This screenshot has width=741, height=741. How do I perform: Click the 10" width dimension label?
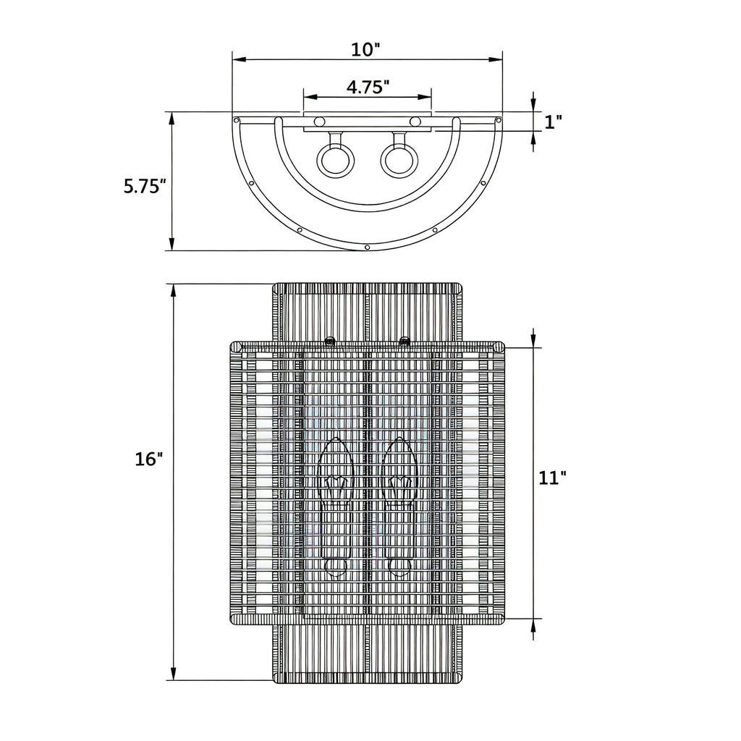coord(365,50)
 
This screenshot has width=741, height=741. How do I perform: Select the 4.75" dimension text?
coord(368,87)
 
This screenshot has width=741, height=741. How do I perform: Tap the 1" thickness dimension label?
coord(553,122)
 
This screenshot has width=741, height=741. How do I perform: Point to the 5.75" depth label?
coord(145,186)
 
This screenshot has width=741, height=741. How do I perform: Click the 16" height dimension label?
coord(149,459)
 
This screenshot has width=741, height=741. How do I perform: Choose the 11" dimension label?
coord(552,478)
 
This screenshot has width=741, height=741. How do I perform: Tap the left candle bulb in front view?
coord(336,506)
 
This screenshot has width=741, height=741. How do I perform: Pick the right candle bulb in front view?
coord(399,506)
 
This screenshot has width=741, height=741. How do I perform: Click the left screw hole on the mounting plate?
coord(319,122)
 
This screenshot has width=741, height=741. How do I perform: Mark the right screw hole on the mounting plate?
coord(415,122)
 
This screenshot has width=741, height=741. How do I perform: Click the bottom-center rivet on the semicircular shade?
coord(367,247)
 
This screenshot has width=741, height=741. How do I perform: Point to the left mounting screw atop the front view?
coord(330,340)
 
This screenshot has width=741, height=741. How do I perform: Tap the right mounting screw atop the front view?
coord(405,340)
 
